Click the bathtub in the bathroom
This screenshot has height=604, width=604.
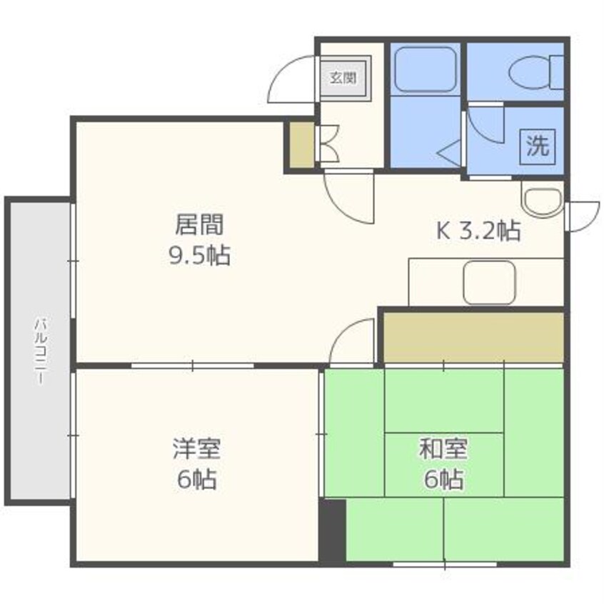426,69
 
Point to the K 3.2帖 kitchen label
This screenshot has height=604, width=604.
478,231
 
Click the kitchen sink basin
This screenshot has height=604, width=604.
489,282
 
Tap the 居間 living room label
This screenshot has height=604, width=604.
200,225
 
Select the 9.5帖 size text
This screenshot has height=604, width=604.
199,255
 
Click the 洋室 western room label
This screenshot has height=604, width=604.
196,449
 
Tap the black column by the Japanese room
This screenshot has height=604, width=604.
332,530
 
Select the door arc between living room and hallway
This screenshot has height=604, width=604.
348,197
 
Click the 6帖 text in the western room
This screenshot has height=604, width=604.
196,479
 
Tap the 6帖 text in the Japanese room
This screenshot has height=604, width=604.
443,479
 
